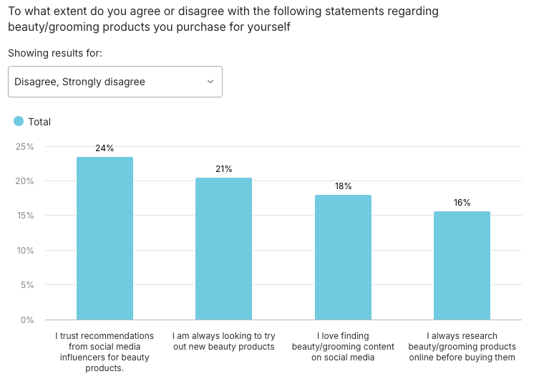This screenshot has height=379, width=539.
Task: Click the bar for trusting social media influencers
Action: click(x=105, y=238)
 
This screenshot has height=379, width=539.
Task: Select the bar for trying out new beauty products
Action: click(x=223, y=249)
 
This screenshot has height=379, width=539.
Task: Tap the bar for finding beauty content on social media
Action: click(x=343, y=257)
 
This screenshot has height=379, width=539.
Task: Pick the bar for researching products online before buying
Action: click(x=462, y=265)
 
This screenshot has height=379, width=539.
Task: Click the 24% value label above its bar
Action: click(x=105, y=148)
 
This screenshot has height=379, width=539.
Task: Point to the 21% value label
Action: click(x=223, y=169)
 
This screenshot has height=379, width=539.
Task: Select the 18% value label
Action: click(x=343, y=186)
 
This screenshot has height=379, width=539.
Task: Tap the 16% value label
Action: click(x=462, y=203)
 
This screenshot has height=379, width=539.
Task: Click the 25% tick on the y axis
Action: click(x=24, y=147)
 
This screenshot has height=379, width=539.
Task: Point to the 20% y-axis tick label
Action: click(x=24, y=181)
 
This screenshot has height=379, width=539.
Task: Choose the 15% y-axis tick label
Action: click(x=24, y=216)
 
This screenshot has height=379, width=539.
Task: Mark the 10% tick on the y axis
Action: click(x=24, y=251)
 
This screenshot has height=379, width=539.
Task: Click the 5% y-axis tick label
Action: click(x=26, y=285)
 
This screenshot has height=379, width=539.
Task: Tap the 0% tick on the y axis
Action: click(x=26, y=320)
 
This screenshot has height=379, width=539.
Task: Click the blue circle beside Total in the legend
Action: click(x=19, y=121)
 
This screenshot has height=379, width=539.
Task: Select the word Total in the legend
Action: click(x=39, y=122)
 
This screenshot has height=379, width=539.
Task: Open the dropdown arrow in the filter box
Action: click(x=210, y=82)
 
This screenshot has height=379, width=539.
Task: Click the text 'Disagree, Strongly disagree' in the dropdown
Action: click(x=79, y=82)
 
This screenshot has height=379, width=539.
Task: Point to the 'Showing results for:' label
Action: click(x=55, y=53)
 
